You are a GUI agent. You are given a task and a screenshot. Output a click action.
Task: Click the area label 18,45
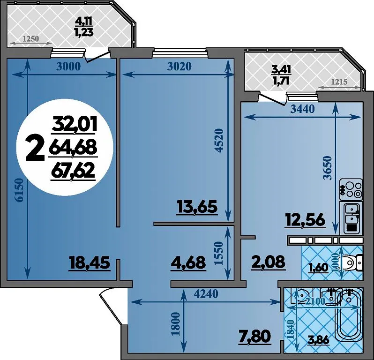coord(90,263)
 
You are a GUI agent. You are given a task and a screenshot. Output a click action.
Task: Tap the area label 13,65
coord(197,207)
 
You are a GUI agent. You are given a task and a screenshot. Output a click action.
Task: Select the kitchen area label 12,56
coord(305,220)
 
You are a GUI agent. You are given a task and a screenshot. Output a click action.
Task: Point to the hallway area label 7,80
coord(255,337)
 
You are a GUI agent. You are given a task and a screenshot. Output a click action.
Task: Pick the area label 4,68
coord(188,262)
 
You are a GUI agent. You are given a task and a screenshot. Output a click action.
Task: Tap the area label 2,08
coord(268,262)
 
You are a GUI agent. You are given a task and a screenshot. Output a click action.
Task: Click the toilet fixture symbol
coord(353,262)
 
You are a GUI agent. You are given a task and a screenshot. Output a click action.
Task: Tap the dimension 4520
coord(219,141)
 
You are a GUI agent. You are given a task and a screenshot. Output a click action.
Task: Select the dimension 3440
coord(303,109)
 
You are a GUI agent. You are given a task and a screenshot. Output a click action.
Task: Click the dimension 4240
coord(206,294)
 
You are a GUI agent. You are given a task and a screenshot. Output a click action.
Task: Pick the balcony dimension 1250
coord(31,38)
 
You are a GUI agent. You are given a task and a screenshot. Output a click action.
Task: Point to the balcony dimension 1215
coord(339,82)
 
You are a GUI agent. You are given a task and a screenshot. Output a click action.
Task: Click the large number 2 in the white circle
coord(35,148)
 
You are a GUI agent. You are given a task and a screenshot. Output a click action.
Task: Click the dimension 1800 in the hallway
coord(175,324)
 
